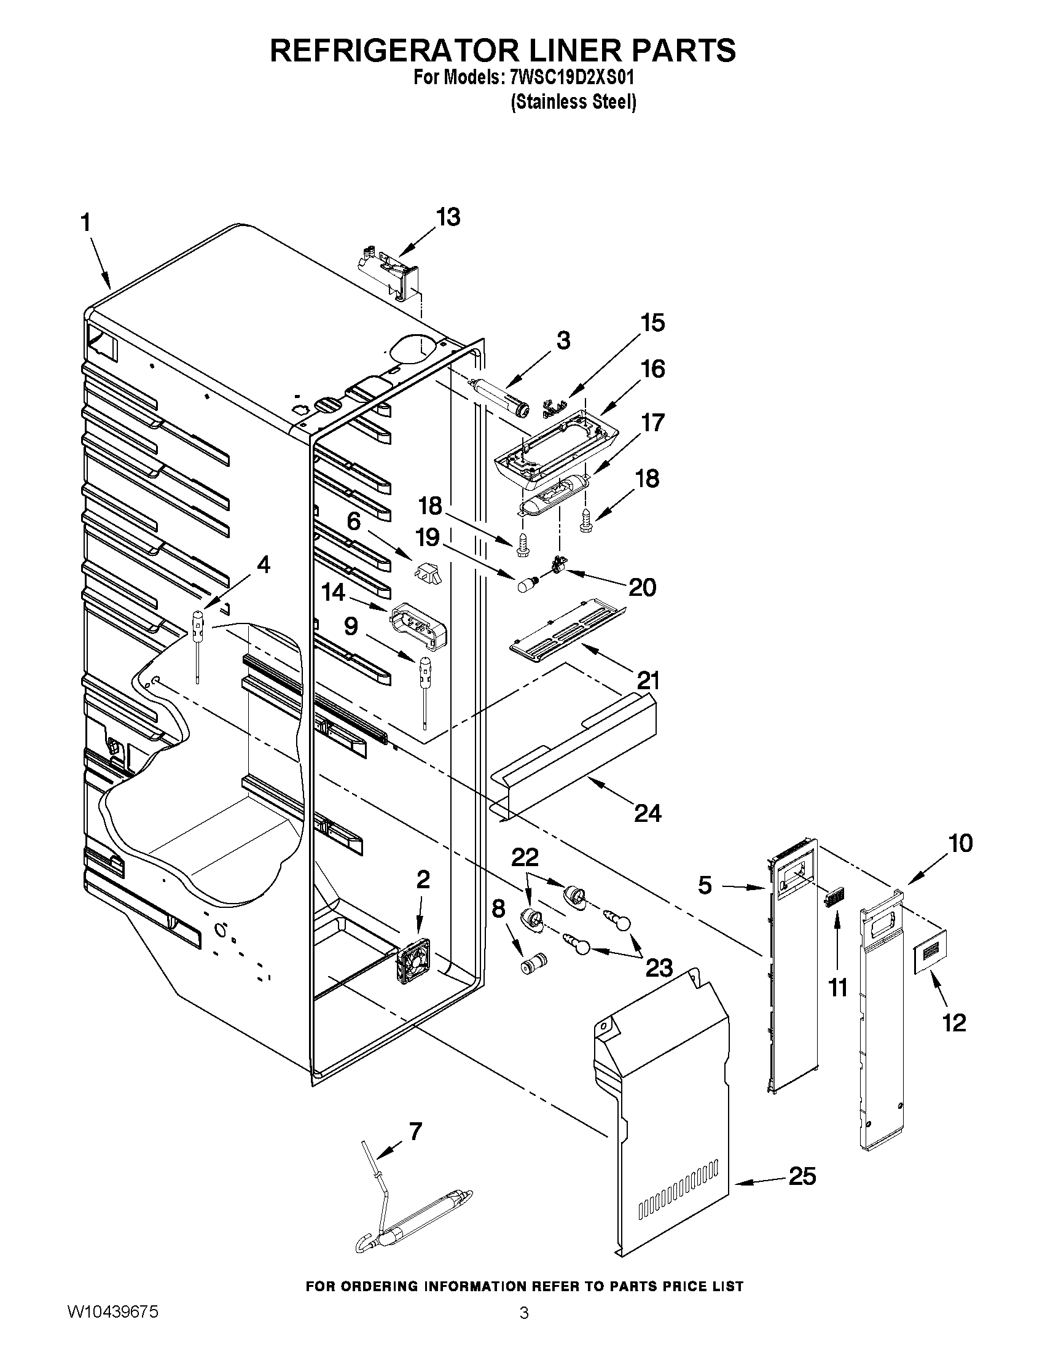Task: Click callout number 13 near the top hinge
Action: (x=448, y=217)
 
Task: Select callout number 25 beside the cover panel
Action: (x=802, y=1176)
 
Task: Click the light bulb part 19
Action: (x=527, y=583)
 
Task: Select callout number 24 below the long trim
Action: (x=648, y=813)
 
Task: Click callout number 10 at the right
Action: (x=960, y=843)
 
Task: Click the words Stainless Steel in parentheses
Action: (x=573, y=102)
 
